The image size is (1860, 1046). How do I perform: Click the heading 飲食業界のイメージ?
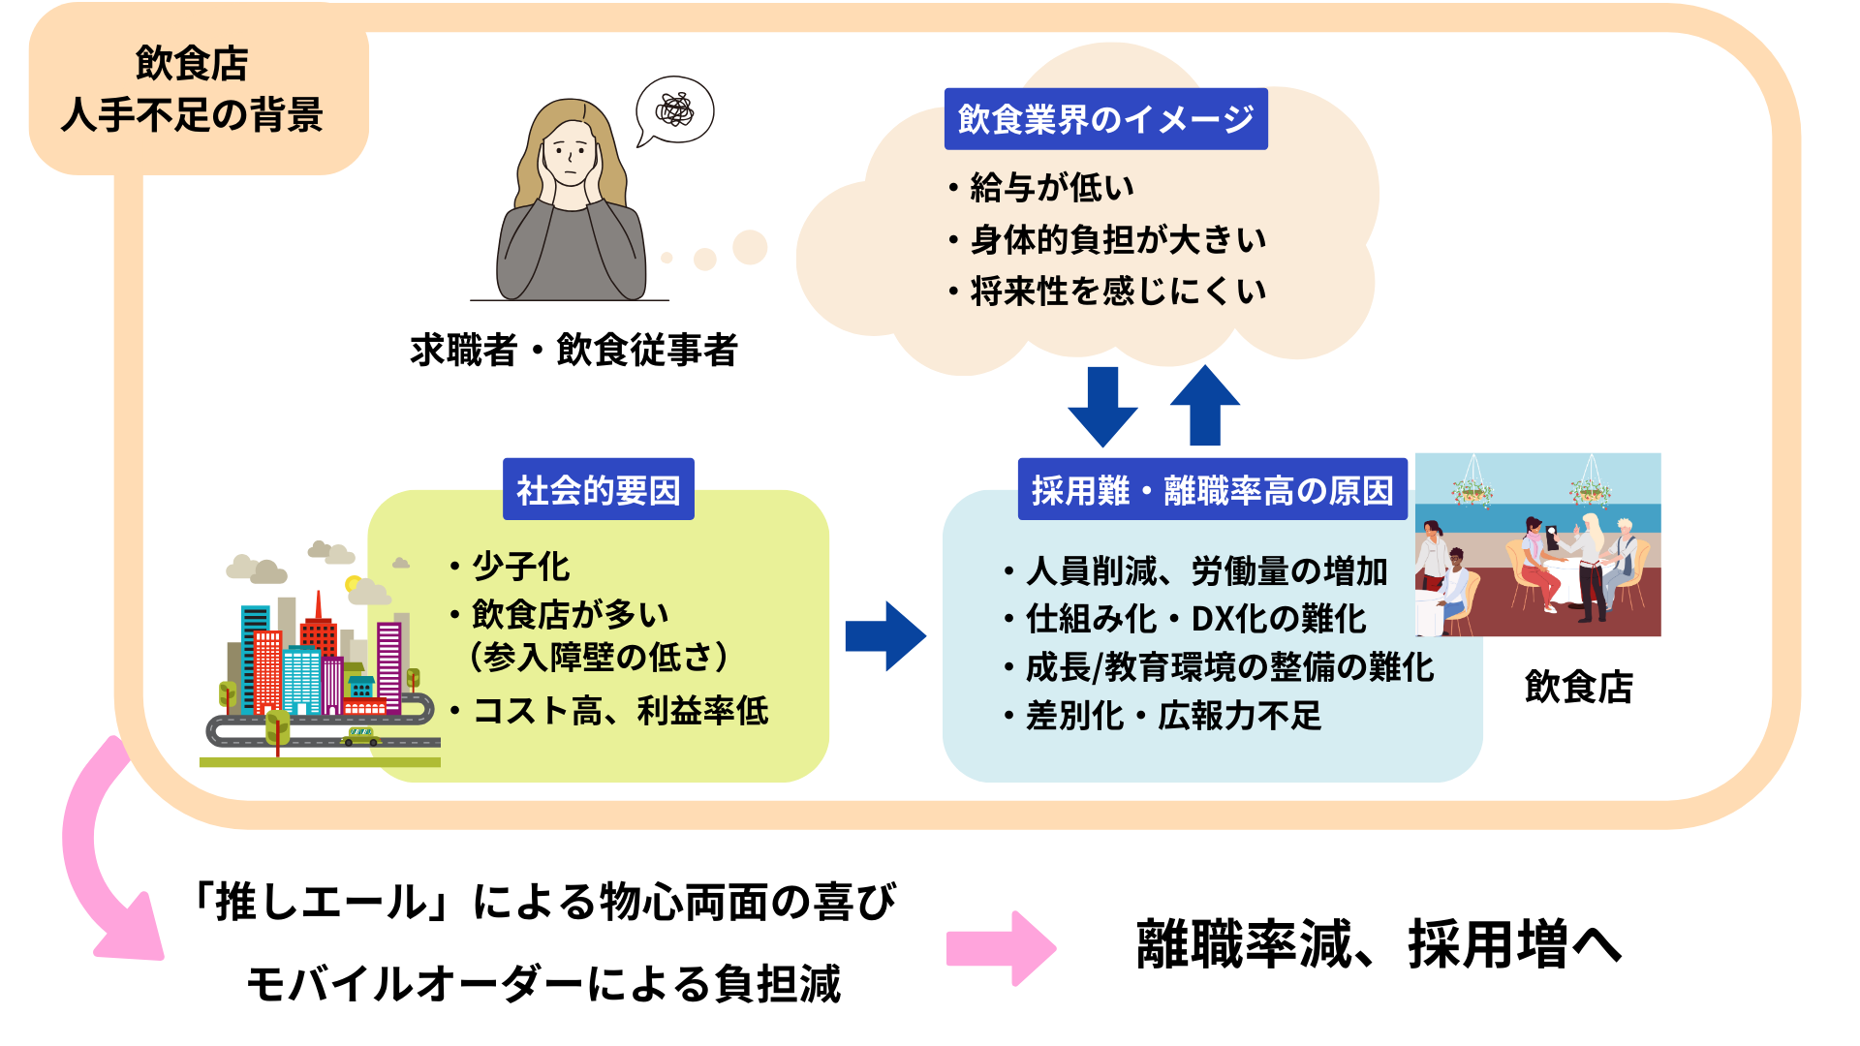[x=1105, y=119]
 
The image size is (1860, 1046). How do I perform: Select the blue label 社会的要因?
[x=598, y=490]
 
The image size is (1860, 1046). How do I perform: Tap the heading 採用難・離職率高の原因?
[x=1212, y=490]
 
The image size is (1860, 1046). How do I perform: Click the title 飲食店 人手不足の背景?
[x=193, y=89]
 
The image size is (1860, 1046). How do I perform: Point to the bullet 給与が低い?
[x=1051, y=187]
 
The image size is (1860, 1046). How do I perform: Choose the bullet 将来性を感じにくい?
[x=1117, y=291]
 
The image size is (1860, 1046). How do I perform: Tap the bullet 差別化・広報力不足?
[x=1172, y=716]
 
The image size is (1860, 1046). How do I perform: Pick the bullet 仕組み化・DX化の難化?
[x=1195, y=619]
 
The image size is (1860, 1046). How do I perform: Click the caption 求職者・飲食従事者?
[x=573, y=351]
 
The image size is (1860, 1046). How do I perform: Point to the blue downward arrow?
[x=1102, y=407]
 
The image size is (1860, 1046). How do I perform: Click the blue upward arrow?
[x=1204, y=405]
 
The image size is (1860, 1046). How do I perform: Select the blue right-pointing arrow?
[x=885, y=636]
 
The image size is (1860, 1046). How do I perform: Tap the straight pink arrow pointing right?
[x=1001, y=948]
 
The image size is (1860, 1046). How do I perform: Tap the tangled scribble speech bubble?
[x=675, y=110]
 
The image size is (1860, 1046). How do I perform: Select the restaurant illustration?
[x=1538, y=544]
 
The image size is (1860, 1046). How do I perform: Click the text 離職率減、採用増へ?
[x=1379, y=944]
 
